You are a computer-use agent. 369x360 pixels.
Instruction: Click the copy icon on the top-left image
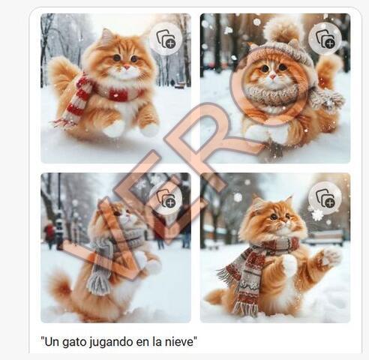(166, 39)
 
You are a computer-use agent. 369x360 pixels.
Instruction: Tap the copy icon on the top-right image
(325, 39)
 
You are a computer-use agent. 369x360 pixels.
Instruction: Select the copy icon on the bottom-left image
(166, 198)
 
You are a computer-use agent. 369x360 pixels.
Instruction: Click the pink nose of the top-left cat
(127, 67)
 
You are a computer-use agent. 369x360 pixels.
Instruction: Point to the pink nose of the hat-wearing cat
(273, 76)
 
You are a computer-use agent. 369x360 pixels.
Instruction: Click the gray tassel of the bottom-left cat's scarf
(98, 283)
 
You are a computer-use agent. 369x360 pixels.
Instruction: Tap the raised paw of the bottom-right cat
(331, 256)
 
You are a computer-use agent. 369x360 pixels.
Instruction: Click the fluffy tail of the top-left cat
(62, 74)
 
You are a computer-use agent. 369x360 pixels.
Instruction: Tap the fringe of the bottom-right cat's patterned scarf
(244, 308)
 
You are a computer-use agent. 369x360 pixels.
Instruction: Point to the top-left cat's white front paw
(114, 130)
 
